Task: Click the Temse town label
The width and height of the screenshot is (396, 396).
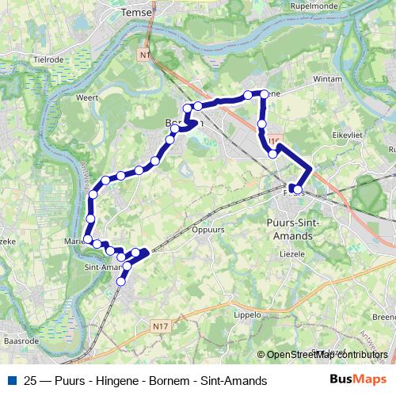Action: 141,13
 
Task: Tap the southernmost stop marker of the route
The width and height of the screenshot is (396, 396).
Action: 121,281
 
